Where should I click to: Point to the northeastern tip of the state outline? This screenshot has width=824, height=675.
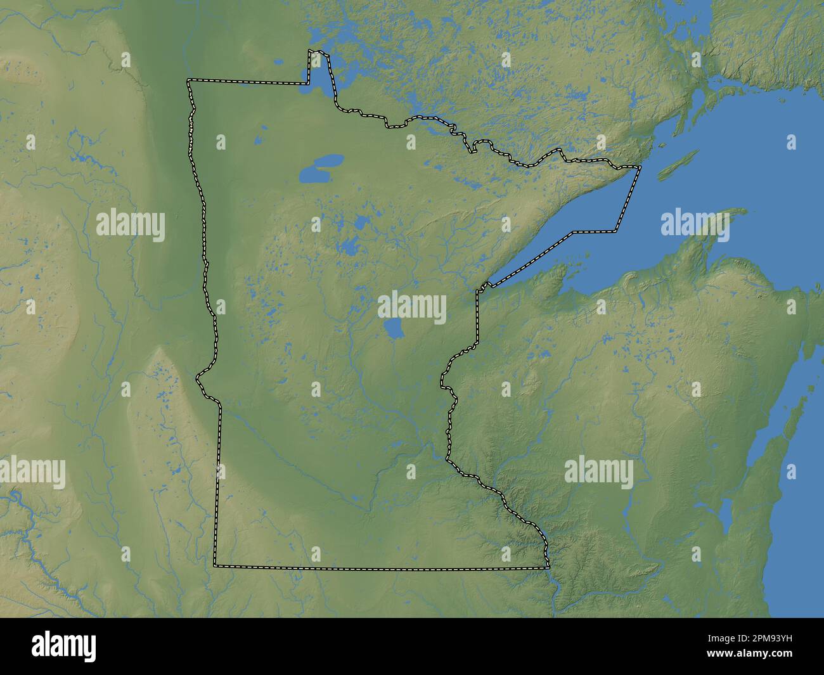(x=640, y=167)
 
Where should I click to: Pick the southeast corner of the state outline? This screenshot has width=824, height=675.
(x=548, y=567)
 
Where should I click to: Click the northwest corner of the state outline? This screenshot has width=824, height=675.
(x=188, y=80)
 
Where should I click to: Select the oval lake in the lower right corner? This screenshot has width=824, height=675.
(x=726, y=517)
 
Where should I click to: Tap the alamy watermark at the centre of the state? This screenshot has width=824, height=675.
(x=412, y=308)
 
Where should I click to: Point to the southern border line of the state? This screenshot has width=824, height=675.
(x=380, y=567)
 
